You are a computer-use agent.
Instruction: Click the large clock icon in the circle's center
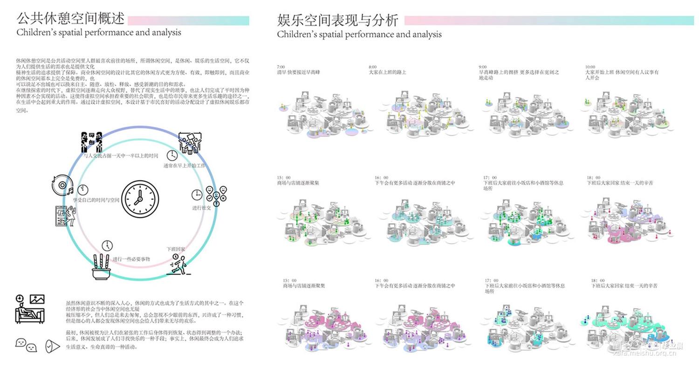(x=140, y=200)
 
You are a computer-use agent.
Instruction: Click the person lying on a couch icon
(x=30, y=309)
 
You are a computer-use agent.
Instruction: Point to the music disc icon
(x=62, y=185)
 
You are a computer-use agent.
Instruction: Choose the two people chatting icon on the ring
(x=91, y=141)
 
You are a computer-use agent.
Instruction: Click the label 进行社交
(x=202, y=208)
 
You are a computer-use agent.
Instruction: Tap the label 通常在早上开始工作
(x=184, y=166)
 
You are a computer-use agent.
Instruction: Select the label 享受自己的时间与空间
(x=96, y=200)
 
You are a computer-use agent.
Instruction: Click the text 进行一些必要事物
(x=131, y=259)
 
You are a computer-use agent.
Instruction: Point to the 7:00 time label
(x=281, y=67)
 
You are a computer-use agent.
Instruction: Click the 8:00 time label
(x=373, y=67)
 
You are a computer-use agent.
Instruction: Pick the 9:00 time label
(x=483, y=67)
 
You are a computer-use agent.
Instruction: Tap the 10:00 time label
(x=590, y=67)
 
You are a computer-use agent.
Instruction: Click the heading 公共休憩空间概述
(x=71, y=19)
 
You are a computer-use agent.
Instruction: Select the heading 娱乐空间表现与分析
(x=338, y=20)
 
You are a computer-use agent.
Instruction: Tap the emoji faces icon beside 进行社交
(x=216, y=194)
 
